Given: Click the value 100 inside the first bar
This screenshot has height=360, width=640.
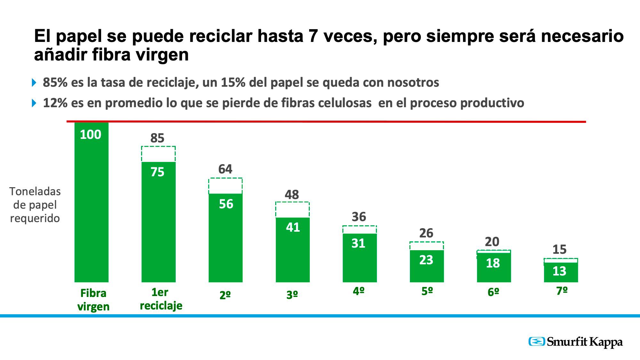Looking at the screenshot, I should pyautogui.click(x=91, y=134).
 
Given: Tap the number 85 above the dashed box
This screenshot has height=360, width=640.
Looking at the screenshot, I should pyautogui.click(x=157, y=138).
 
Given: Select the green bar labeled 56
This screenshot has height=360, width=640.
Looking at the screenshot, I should pyautogui.click(x=226, y=237).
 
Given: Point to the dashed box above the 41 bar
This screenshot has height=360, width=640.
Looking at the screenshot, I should pyautogui.click(x=292, y=210).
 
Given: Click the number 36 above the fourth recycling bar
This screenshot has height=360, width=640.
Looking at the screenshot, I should pyautogui.click(x=359, y=217).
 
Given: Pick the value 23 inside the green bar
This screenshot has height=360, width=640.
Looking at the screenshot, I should pyautogui.click(x=426, y=260).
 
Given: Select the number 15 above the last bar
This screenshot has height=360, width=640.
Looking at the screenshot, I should pyautogui.click(x=560, y=250).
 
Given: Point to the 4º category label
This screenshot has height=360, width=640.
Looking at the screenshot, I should pyautogui.click(x=359, y=291).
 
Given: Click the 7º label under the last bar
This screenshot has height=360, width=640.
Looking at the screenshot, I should pyautogui.click(x=562, y=291).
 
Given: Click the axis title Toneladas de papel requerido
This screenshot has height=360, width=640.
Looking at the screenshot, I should pyautogui.click(x=35, y=205).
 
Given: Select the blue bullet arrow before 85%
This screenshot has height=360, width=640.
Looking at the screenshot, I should pyautogui.click(x=34, y=83).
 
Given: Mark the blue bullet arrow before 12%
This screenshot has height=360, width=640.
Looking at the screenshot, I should pyautogui.click(x=34, y=103).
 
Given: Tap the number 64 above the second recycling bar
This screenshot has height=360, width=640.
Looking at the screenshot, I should pyautogui.click(x=225, y=169).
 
